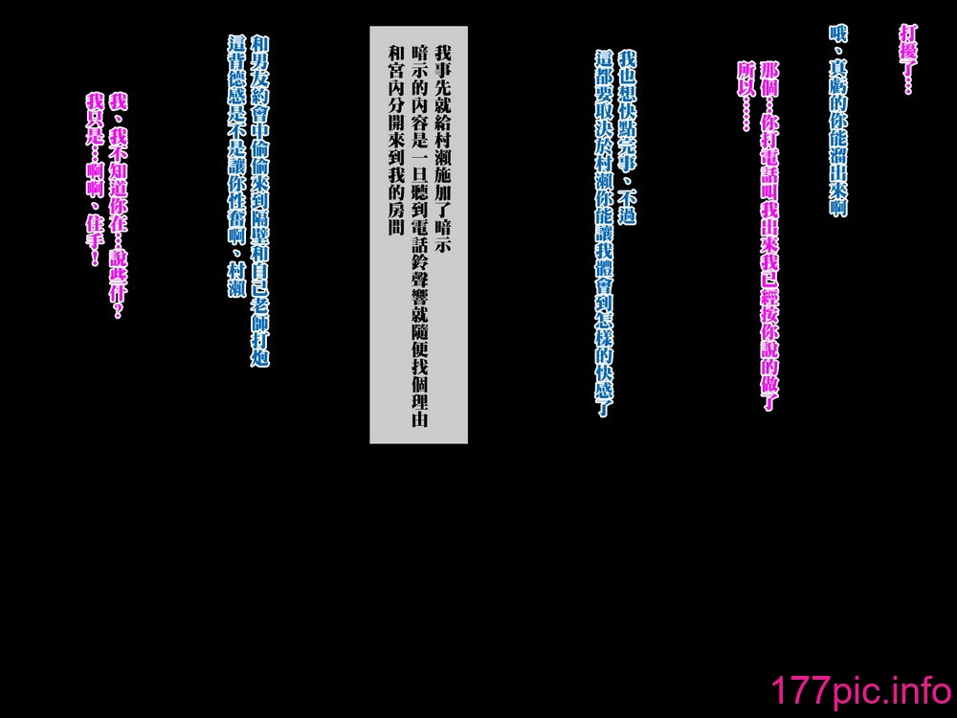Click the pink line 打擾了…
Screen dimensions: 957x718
pos(908,59)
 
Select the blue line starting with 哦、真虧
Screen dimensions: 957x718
pos(838,121)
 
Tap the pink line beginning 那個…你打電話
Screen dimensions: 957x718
pos(769,236)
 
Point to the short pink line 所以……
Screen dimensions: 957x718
pos(746,97)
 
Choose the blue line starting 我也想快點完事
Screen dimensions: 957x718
pos(627,137)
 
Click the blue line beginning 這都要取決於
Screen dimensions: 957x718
pos(604,234)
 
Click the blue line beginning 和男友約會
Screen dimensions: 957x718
pos(259,201)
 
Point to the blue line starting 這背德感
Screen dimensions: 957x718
pos(236,166)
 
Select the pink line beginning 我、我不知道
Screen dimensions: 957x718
pos(117,206)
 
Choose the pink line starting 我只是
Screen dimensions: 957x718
pos(95,179)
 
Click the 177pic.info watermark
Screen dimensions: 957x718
pos(861,690)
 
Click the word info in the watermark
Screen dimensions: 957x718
pos(921,690)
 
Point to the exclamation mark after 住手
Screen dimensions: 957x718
pos(95,258)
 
